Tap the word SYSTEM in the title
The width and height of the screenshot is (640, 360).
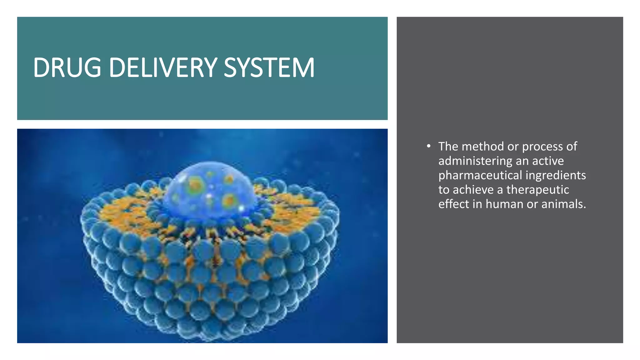coord(269,67)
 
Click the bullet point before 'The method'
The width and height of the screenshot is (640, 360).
coord(428,146)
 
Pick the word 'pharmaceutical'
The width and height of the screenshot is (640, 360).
coord(480,175)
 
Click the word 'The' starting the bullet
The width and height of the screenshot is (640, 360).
coord(448,146)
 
